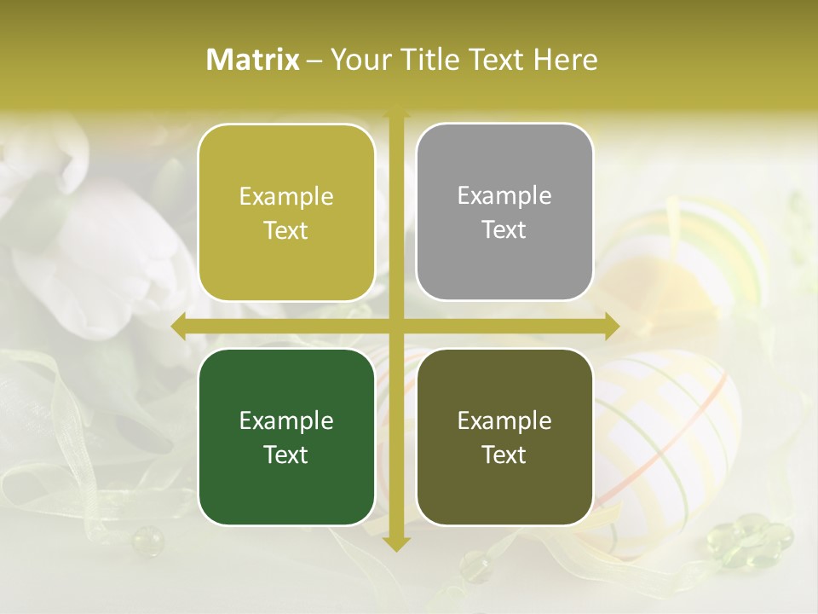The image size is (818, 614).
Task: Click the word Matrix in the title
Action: coord(253,60)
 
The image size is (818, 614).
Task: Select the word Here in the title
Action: coord(565,60)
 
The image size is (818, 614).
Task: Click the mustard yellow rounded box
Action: coord(286,212)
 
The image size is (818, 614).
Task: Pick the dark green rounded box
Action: coord(286,437)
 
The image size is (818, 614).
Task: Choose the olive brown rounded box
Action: coord(504,437)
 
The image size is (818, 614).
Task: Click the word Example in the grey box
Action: coord(504,195)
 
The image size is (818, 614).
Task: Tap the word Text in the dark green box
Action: coord(286,455)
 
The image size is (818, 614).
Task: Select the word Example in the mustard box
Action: coord(286,196)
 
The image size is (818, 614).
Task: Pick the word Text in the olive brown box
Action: coord(504,455)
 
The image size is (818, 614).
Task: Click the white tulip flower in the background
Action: coord(119,256)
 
